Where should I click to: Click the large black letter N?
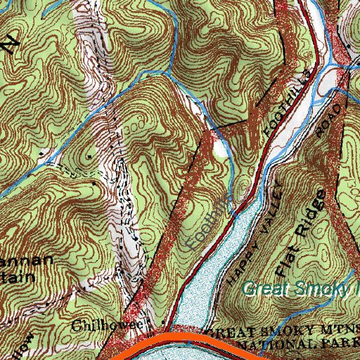point(10,44)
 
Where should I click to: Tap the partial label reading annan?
point(28,262)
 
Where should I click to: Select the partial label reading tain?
point(21,276)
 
